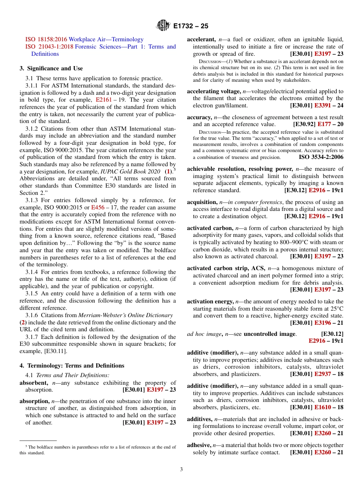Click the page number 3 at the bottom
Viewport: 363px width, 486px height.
[x=181, y=469]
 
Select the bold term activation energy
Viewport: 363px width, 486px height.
[x=210, y=301]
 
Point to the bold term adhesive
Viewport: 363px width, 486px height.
[x=199, y=445]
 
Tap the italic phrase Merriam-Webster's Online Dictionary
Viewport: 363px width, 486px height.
[x=125, y=315]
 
